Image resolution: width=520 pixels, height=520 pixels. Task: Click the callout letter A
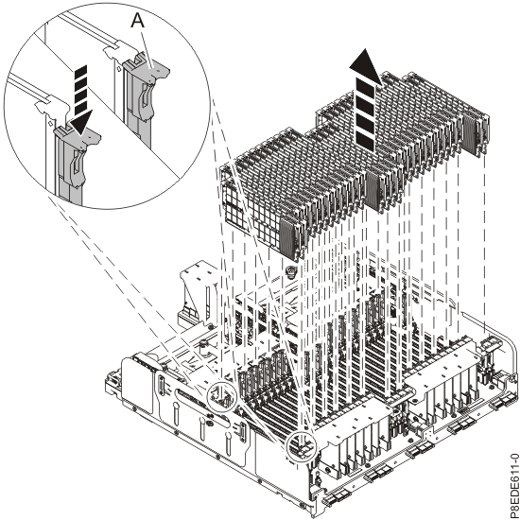(138, 21)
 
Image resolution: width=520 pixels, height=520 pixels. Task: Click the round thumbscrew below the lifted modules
(291, 272)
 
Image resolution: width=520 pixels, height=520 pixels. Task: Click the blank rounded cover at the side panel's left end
(137, 386)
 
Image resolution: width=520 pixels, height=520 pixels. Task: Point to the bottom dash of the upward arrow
(365, 141)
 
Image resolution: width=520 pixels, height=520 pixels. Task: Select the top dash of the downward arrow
(81, 69)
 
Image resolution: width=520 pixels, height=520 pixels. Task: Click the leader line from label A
(147, 49)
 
